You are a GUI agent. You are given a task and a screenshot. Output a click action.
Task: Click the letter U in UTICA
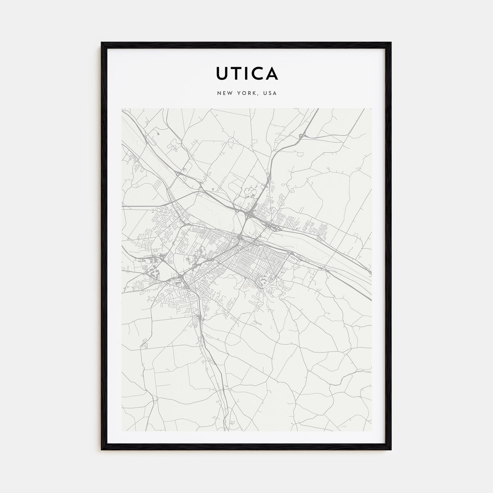(x=223, y=73)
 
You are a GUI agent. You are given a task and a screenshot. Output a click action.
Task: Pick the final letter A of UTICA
(x=272, y=73)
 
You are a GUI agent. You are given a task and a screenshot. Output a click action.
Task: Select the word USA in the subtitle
(x=270, y=93)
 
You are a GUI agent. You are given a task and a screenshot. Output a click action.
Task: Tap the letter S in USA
(x=270, y=93)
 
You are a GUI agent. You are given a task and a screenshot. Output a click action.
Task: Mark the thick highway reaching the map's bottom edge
(x=231, y=428)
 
